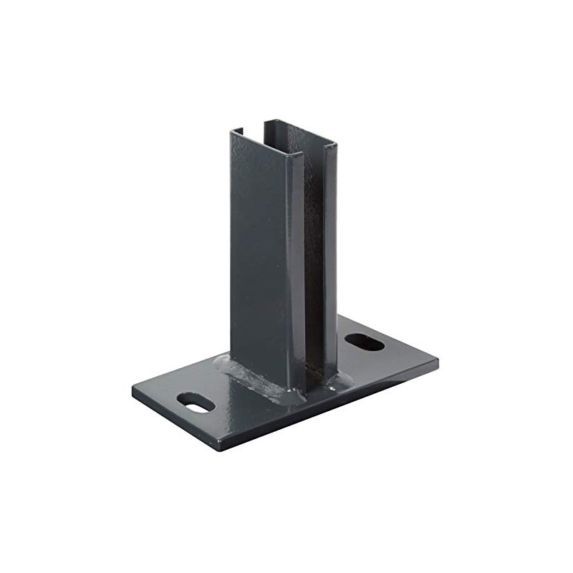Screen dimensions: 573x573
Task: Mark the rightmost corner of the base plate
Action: [x=438, y=358]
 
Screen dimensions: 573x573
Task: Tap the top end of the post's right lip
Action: [x=330, y=147]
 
